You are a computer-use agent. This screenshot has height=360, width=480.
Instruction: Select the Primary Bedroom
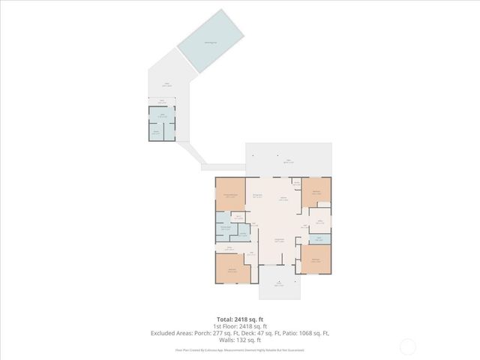230,194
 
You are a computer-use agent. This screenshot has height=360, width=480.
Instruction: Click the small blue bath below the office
319,239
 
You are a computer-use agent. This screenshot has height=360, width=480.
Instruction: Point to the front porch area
278,283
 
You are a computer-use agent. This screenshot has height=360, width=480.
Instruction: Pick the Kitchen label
283,199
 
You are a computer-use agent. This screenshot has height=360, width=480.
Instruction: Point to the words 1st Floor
222,326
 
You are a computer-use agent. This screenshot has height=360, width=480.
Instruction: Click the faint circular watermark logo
408,346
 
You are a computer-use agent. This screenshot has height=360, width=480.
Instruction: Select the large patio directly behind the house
289,159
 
